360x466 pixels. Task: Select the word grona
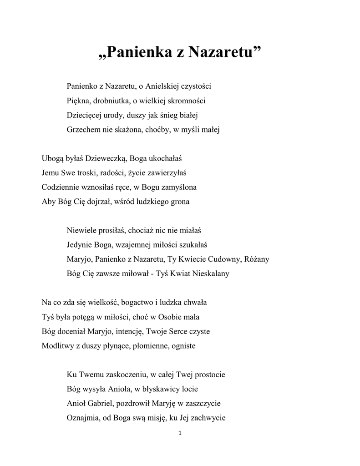coord(180,202)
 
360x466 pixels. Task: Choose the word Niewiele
coord(81,230)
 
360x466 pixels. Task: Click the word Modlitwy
coord(56,345)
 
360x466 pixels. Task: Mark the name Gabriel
coord(101,404)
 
